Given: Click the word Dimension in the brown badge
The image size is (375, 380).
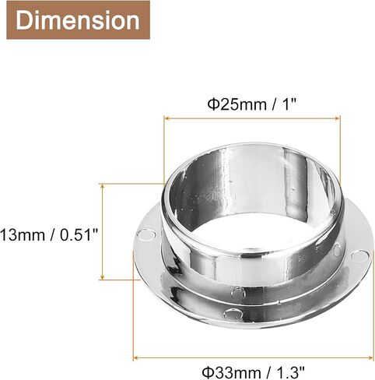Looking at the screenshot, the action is coord(78,20).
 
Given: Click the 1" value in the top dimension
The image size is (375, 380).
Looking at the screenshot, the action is coord(289,104).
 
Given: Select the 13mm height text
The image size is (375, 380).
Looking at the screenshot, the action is coord(23,235).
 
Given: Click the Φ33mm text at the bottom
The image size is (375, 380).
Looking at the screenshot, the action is coord(232,372).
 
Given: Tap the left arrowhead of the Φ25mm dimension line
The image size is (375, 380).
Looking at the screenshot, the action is coord(167,118).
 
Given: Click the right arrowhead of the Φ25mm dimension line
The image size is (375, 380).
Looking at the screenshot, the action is coord(336,118).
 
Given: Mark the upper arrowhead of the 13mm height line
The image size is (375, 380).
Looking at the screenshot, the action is coord(103,186).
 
